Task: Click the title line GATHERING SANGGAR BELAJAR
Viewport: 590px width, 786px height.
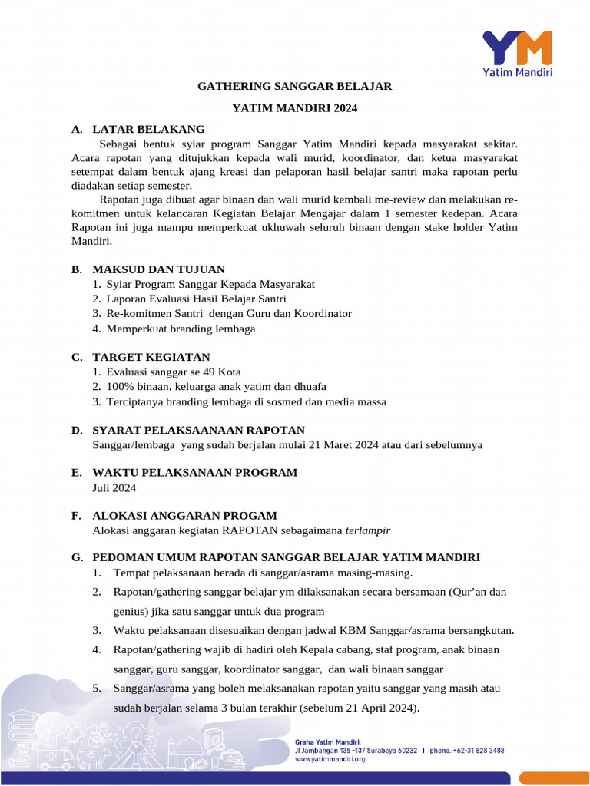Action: click(x=295, y=87)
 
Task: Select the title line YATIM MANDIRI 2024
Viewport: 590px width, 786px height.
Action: click(x=295, y=108)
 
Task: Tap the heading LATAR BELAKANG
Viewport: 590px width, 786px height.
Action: click(x=148, y=129)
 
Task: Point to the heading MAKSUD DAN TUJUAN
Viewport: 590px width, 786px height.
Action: click(x=158, y=269)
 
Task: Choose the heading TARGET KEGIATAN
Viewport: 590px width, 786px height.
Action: click(x=151, y=357)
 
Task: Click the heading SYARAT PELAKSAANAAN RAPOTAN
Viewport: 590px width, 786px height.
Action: click(x=198, y=430)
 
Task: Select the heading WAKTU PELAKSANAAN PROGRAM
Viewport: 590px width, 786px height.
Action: click(x=194, y=472)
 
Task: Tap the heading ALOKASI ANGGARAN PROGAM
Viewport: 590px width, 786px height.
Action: click(x=184, y=516)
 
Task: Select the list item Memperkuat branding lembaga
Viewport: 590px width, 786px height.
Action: click(x=181, y=329)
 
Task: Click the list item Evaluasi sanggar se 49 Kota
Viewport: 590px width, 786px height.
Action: click(x=174, y=372)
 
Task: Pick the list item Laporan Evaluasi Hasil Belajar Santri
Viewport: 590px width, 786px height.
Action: click(x=196, y=299)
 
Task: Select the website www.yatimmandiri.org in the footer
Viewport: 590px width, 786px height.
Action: click(x=330, y=759)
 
